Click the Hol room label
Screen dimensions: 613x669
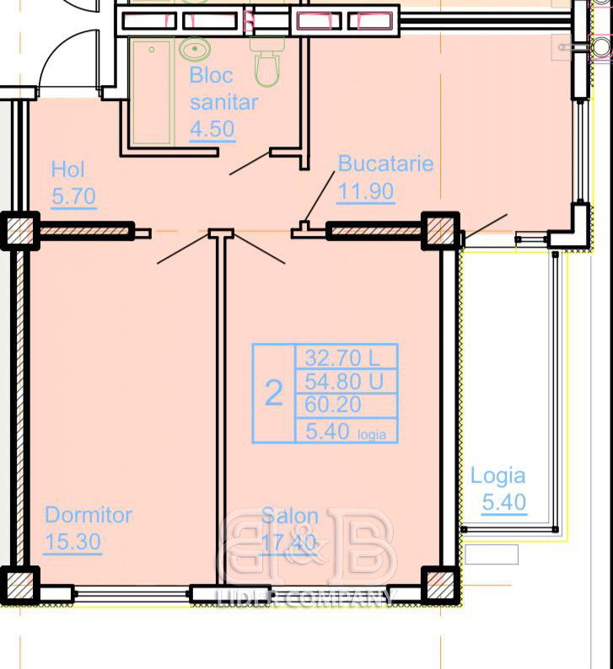[67, 169]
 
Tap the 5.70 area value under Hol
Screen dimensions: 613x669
[73, 196]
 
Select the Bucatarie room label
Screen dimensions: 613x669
[385, 163]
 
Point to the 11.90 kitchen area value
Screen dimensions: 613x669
[365, 191]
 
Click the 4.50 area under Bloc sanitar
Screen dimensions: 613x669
[212, 129]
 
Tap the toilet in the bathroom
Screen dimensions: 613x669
[267, 61]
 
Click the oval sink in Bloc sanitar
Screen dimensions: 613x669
[195, 49]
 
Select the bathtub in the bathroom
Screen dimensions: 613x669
[151, 92]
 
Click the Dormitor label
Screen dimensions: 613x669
[89, 515]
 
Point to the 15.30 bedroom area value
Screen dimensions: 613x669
[73, 542]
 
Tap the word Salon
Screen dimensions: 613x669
[290, 516]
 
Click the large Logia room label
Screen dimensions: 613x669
[497, 476]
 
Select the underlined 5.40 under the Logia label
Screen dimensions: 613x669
[504, 502]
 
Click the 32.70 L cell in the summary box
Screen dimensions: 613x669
[342, 357]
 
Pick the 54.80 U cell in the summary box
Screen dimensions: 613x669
[344, 381]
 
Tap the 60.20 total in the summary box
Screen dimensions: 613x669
[333, 404]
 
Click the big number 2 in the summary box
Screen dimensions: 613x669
[274, 393]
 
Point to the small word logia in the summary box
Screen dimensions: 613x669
[371, 435]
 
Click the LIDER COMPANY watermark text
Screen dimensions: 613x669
[305, 597]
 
